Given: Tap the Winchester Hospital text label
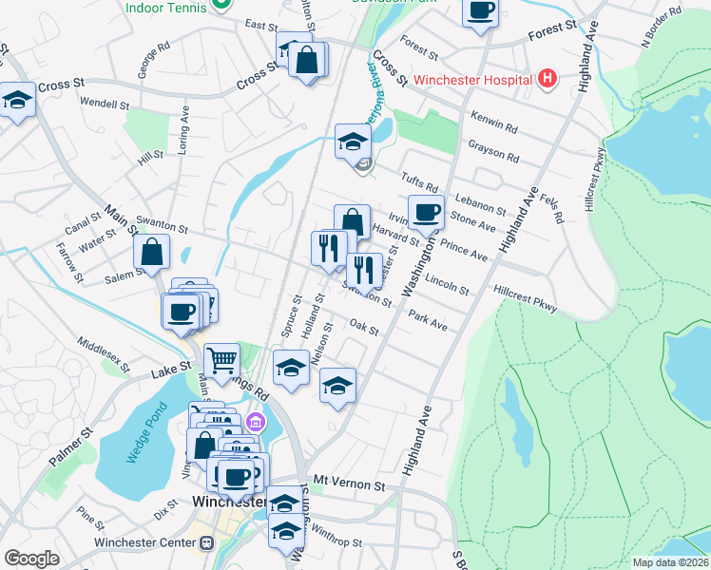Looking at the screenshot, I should click(479, 80).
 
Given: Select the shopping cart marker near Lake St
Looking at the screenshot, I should click(221, 360).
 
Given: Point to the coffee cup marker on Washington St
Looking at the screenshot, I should click(426, 212).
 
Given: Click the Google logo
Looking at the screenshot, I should click(31, 558).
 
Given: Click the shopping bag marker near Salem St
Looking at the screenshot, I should click(152, 253).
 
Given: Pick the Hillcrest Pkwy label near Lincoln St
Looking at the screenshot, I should click(526, 296).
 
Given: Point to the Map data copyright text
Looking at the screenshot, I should click(669, 562).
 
